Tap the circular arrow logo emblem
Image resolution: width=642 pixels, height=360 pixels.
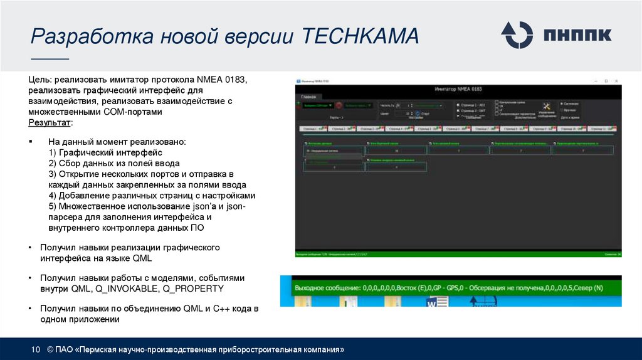tap(518, 35)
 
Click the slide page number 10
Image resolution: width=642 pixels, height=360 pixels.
tap(36, 349)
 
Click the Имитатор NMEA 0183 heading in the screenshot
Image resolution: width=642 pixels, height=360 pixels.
tap(458, 90)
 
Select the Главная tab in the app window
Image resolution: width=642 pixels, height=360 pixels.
tap(308, 97)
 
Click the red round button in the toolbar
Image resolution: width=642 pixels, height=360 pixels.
tap(339, 106)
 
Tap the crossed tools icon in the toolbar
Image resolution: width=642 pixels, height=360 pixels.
tap(545, 106)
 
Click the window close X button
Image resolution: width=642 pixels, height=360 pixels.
tap(616, 82)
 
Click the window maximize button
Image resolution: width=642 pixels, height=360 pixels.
tap(606, 82)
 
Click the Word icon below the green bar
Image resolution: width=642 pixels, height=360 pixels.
tap(434, 302)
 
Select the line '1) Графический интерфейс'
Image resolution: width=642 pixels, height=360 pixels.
tap(105, 152)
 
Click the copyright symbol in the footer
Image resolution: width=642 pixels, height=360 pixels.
tap(50, 349)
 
